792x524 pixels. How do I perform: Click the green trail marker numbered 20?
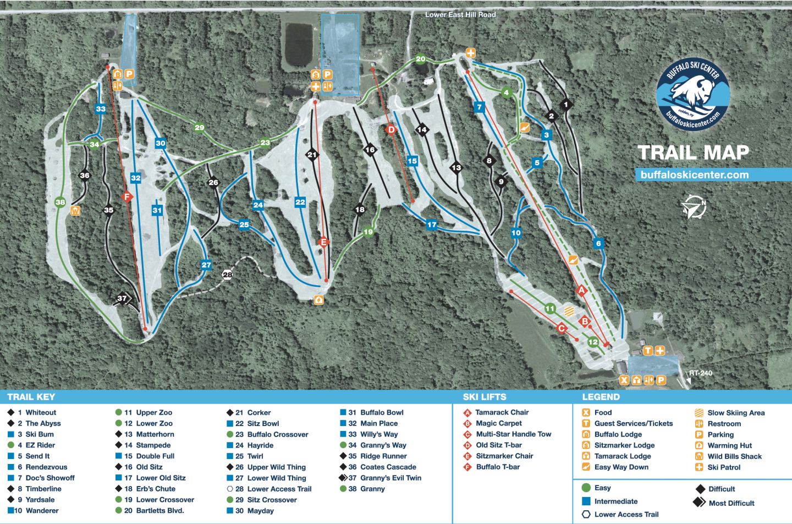pyautogui.click(x=421, y=59)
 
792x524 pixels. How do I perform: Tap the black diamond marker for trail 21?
pyautogui.click(x=312, y=155)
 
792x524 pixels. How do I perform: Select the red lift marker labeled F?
pyautogui.click(x=127, y=197)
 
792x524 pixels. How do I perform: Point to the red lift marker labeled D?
pyautogui.click(x=391, y=130)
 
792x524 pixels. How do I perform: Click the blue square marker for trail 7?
pyautogui.click(x=480, y=107)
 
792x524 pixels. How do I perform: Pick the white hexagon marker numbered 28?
pyautogui.click(x=227, y=275)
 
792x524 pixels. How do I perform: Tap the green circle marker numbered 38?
pyautogui.click(x=60, y=202)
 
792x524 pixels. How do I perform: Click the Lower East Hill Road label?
pyautogui.click(x=460, y=15)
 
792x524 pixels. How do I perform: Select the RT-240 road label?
pyautogui.click(x=701, y=373)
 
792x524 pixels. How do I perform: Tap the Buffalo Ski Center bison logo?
pyautogui.click(x=693, y=94)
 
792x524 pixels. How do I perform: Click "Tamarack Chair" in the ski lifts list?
pyautogui.click(x=502, y=412)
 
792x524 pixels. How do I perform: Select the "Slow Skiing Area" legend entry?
pyautogui.click(x=735, y=413)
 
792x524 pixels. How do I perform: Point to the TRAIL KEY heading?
pyautogui.click(x=31, y=397)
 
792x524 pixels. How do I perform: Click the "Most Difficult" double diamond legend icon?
pyautogui.click(x=699, y=502)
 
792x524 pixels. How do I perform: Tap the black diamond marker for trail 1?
pyautogui.click(x=566, y=104)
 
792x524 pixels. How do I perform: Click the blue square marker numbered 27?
pyautogui.click(x=206, y=265)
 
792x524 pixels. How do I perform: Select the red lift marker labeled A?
pyautogui.click(x=581, y=290)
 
